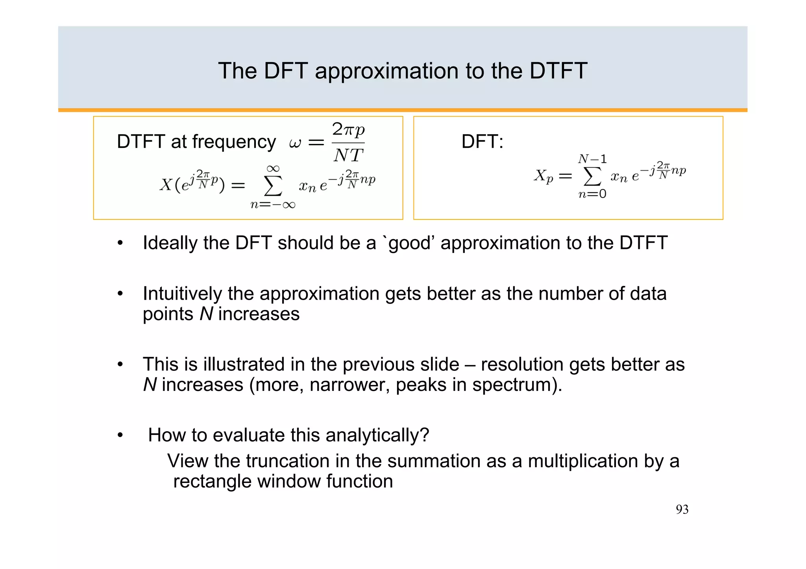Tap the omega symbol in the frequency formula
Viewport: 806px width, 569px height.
coord(295,143)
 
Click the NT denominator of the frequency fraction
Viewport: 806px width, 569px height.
coord(348,156)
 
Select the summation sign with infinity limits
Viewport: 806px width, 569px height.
coord(273,186)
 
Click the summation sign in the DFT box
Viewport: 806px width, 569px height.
coord(592,177)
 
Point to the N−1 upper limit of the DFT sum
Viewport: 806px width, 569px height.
coord(592,159)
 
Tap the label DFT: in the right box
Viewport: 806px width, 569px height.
coord(482,142)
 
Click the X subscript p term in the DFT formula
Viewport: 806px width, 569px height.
coord(543,176)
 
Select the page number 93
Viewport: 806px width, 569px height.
coord(682,510)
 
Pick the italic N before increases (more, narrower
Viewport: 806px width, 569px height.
coord(150,385)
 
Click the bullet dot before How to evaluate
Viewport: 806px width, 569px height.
coord(120,435)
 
